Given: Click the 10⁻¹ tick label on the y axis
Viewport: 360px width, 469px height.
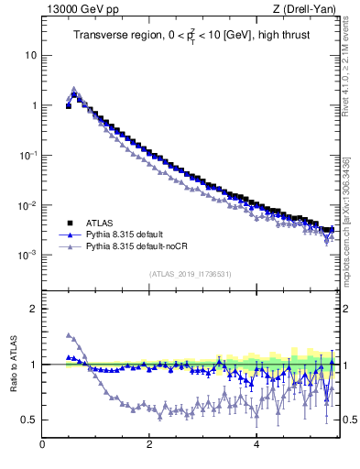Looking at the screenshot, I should tap(27, 155).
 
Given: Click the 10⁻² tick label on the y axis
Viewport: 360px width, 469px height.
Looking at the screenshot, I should tap(27, 205).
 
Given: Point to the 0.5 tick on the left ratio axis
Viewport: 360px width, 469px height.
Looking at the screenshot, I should tap(28, 420).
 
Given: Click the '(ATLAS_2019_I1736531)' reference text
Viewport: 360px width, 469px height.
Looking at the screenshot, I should tap(190, 274).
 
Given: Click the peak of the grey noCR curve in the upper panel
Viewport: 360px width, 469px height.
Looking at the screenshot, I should tap(74, 89).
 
